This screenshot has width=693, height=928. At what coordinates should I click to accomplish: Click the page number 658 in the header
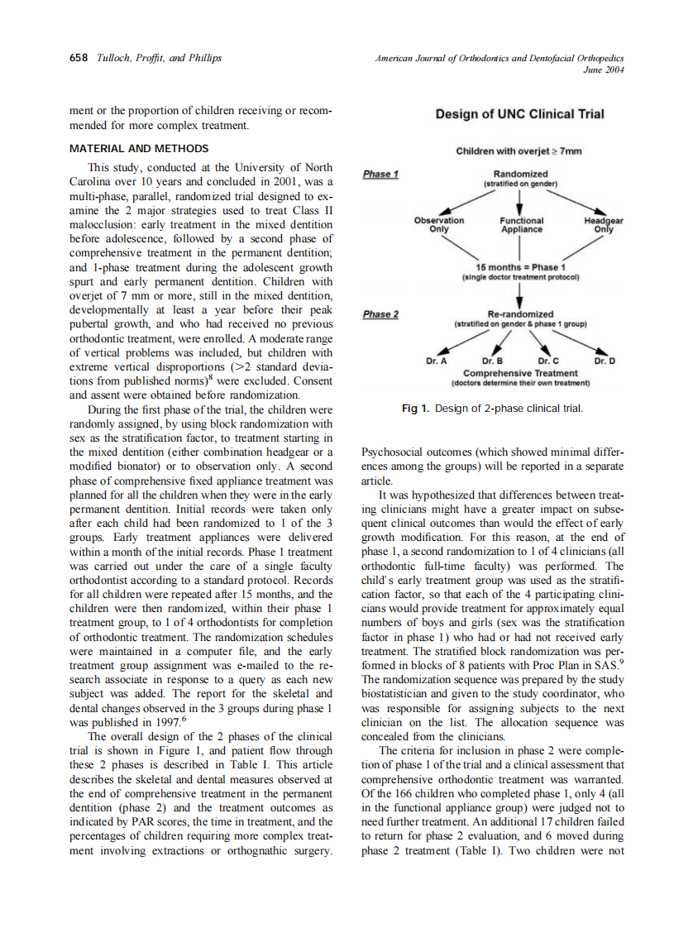click(x=79, y=57)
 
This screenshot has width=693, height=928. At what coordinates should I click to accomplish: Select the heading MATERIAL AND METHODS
click(x=139, y=149)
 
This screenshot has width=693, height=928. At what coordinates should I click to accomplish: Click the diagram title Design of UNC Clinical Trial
click(x=519, y=114)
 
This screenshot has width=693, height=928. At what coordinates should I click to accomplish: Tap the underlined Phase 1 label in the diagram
click(x=381, y=175)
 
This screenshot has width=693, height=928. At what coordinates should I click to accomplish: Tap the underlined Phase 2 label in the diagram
click(x=381, y=314)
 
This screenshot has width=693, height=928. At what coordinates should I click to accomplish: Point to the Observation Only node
click(x=439, y=225)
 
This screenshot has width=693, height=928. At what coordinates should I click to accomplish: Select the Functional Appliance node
click(x=521, y=225)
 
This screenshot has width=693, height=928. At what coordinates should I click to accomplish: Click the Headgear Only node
click(x=604, y=225)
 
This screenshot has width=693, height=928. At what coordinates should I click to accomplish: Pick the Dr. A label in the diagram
click(x=437, y=362)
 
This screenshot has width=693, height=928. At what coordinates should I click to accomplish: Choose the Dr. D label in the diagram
click(x=604, y=362)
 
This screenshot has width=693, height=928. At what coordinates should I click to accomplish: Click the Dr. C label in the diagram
click(x=548, y=362)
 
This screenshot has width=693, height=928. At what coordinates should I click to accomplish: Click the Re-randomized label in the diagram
click(x=520, y=315)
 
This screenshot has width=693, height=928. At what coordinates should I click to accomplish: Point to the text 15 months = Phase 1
click(x=520, y=267)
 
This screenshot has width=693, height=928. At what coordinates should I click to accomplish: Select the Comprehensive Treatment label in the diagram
click(x=520, y=374)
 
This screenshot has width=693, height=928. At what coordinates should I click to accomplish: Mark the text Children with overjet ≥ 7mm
click(x=519, y=151)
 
